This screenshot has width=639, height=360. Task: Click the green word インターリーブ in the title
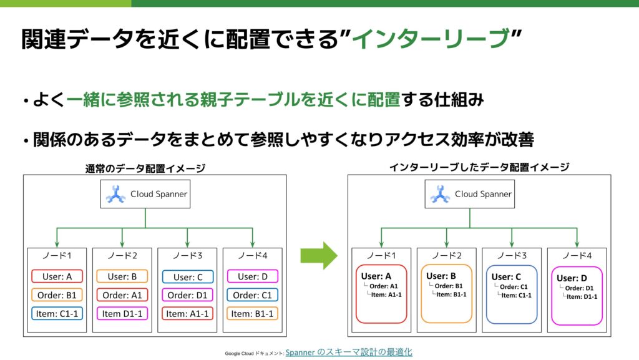point(431,39)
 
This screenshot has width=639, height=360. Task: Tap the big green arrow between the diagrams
point(318,256)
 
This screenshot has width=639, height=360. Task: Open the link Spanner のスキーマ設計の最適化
point(349,353)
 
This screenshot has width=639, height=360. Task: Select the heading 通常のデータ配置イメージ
point(145,168)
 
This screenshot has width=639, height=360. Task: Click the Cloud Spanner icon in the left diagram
point(115,195)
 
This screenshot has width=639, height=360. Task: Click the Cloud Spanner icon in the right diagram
point(440,195)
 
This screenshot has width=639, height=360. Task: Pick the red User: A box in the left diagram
point(57,276)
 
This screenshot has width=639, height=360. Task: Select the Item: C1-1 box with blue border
point(57,313)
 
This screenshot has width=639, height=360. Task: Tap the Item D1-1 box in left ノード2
point(122,313)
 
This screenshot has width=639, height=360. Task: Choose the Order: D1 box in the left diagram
point(187,295)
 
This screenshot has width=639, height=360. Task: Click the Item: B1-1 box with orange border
point(252,313)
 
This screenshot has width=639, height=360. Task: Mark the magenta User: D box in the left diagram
point(252,276)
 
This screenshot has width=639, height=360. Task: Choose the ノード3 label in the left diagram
point(188,256)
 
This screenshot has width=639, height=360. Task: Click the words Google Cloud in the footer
point(240,354)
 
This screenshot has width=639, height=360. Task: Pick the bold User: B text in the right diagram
point(441,276)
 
